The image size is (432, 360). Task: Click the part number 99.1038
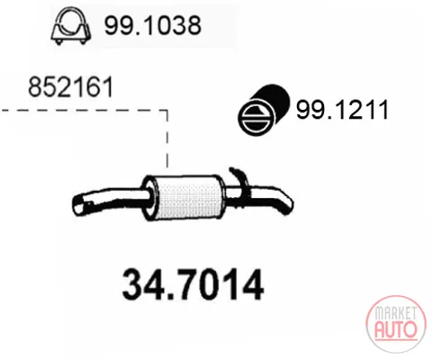pos(153,25)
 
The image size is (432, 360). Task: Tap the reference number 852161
pos(71,86)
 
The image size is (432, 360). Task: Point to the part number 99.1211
pos(342,110)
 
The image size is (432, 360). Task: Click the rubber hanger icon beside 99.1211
pos(264,110)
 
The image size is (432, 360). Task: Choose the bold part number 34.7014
pos(193,284)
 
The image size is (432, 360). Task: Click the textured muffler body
pos(188,198)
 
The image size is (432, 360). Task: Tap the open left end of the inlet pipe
pos(78,204)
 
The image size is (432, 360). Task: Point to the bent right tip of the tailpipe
pos(285,204)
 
